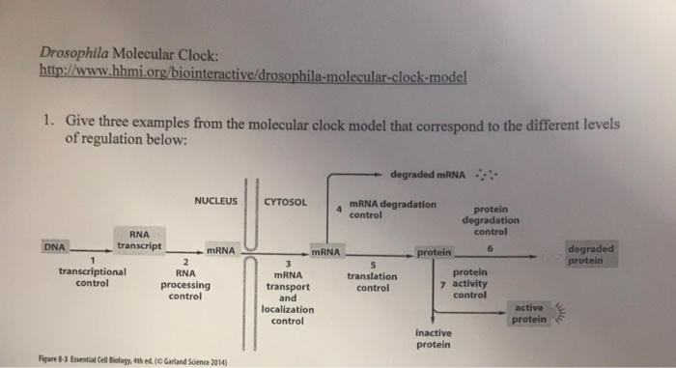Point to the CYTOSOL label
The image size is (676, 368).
pos(286,202)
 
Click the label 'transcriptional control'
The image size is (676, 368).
pos(91,278)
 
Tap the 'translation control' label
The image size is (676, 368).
pos(373,281)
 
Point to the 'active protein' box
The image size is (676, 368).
pos(531,313)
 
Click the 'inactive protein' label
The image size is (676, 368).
pos(437,338)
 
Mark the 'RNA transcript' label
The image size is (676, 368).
pos(133,240)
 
